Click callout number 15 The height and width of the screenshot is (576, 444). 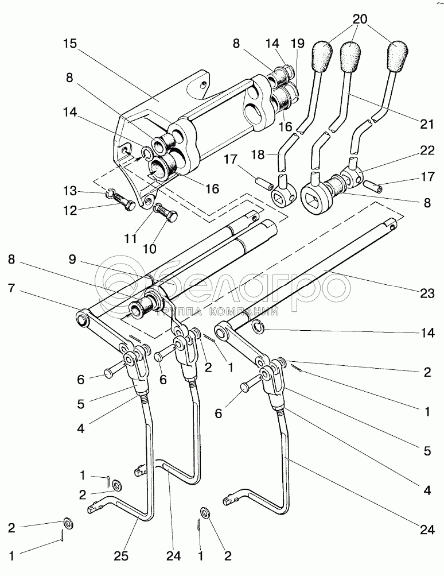pyautogui.click(x=70, y=43)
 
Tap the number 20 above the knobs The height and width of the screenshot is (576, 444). pyautogui.click(x=360, y=19)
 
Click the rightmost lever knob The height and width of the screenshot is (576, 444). pyautogui.click(x=399, y=55)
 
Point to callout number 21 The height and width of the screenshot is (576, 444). pyautogui.click(x=427, y=124)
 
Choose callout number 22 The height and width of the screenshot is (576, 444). pyautogui.click(x=427, y=150)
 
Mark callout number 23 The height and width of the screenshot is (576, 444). pyautogui.click(x=427, y=293)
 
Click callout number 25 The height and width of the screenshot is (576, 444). pyautogui.click(x=120, y=556)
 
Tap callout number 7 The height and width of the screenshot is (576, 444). pyautogui.click(x=11, y=288)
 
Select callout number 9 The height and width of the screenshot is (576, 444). pyautogui.click(x=72, y=260)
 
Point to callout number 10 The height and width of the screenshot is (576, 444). pyautogui.click(x=150, y=249)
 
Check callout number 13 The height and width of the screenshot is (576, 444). pyautogui.click(x=69, y=191)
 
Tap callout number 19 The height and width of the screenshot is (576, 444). pyautogui.click(x=298, y=43)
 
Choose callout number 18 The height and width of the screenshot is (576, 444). pyautogui.click(x=258, y=154)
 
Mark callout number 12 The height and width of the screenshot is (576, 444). pyautogui.click(x=69, y=211)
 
